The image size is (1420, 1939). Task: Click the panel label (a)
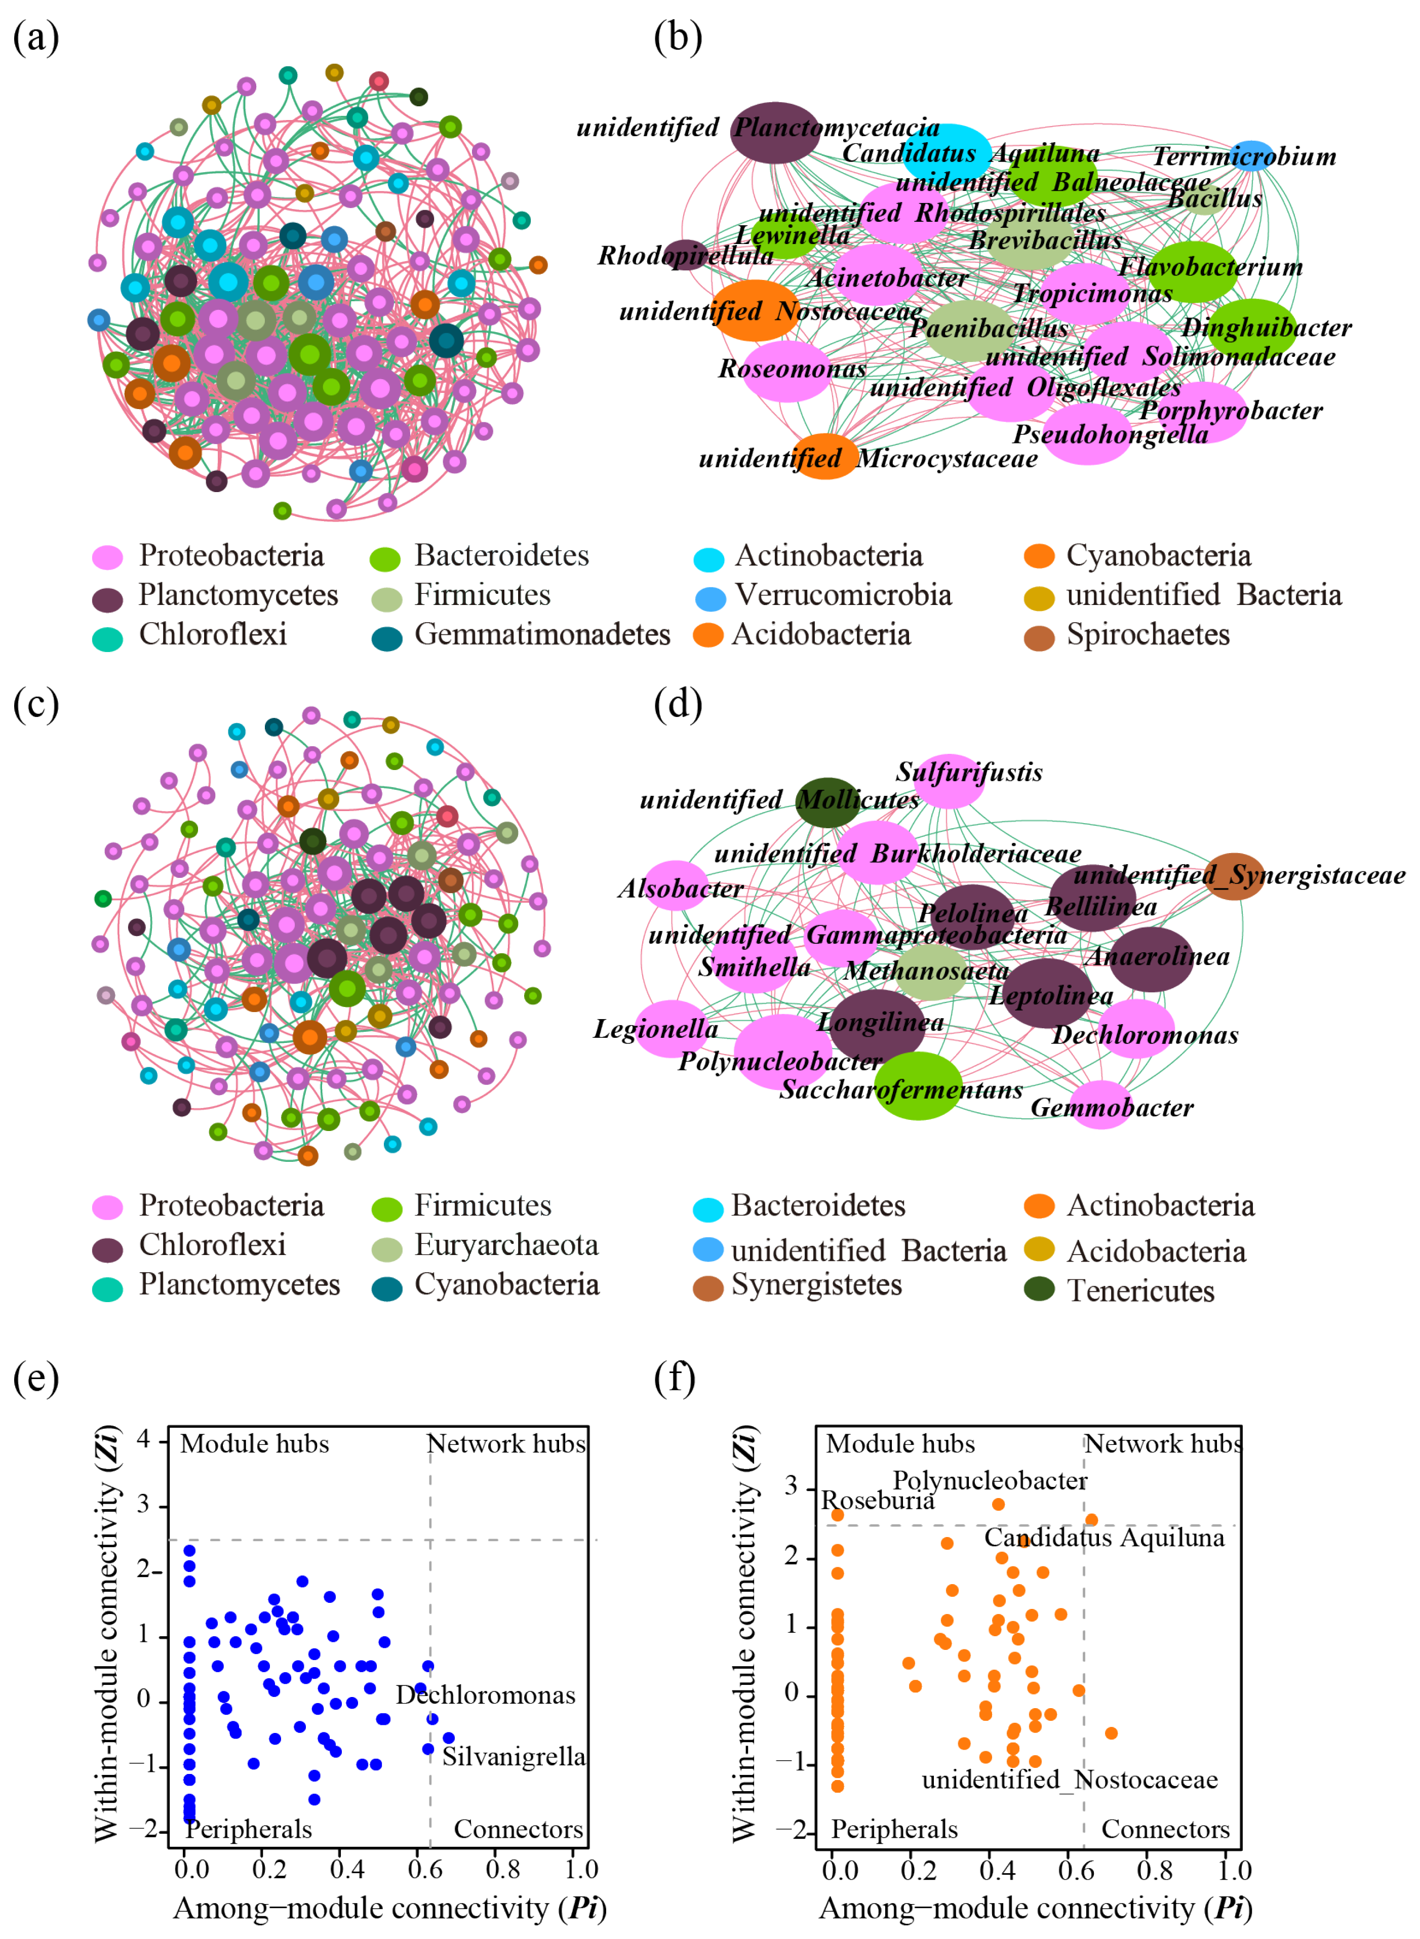point(35,38)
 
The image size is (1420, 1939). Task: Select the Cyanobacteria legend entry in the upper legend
point(1157,556)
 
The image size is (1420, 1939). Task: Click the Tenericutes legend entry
point(1140,1291)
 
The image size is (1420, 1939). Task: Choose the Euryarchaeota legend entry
point(505,1245)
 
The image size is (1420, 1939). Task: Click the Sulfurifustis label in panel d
point(969,773)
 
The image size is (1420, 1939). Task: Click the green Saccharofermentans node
point(918,1086)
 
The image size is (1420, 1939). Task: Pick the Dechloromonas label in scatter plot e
point(485,1695)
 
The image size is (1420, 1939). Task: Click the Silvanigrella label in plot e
point(513,1757)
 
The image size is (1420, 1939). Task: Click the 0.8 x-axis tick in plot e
point(503,1869)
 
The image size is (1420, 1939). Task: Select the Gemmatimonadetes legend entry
point(541,635)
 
